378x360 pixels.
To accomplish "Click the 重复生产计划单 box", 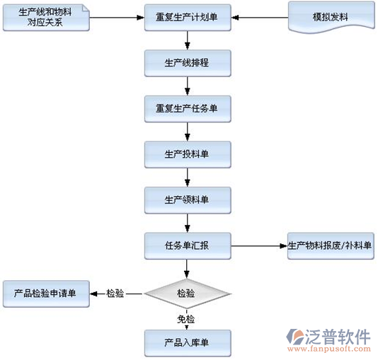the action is click(188, 18).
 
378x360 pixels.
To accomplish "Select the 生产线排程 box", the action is click(188, 63).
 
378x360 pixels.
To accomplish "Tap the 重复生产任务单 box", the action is click(188, 109).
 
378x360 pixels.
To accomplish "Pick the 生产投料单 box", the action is click(188, 155).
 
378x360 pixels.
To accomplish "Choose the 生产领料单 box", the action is click(188, 200).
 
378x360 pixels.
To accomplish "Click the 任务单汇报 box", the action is click(188, 246).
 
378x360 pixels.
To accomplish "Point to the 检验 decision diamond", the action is click(187, 294).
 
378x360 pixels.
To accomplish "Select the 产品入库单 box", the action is click(188, 343).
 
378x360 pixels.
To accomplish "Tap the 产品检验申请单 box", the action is click(46, 294).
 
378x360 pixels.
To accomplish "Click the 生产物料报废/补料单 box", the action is click(331, 246).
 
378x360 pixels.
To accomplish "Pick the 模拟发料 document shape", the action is click(331, 18).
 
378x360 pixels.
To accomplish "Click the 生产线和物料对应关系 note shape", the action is click(46, 18).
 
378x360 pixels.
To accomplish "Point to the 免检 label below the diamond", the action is click(186, 319).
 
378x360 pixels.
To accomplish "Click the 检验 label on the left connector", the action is click(115, 294).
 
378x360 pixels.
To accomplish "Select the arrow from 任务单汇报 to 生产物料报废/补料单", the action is click(259, 246).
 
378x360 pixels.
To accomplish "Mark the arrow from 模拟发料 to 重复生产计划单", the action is click(260, 18).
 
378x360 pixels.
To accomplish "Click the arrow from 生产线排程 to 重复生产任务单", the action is click(188, 86).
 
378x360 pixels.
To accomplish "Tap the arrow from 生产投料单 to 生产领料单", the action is click(188, 178).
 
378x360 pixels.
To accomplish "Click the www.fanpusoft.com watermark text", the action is click(329, 349).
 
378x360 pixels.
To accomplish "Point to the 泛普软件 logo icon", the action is click(295, 337).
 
